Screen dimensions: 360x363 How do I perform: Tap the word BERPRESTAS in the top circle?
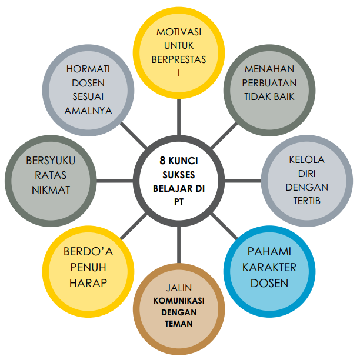(179, 59)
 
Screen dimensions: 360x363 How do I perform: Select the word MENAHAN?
(270, 69)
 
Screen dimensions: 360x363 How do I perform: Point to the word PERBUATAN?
(270, 83)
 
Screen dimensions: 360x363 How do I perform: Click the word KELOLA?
(306, 159)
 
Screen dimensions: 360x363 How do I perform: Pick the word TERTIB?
(306, 201)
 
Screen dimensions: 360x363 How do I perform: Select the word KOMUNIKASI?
(178, 301)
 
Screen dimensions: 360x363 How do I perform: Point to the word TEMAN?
(178, 324)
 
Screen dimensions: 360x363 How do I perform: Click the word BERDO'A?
(88, 252)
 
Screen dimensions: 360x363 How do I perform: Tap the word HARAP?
(88, 283)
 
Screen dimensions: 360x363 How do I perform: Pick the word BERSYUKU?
(51, 160)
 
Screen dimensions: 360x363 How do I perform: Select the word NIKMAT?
(51, 189)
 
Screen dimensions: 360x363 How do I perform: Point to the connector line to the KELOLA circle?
(241, 180)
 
